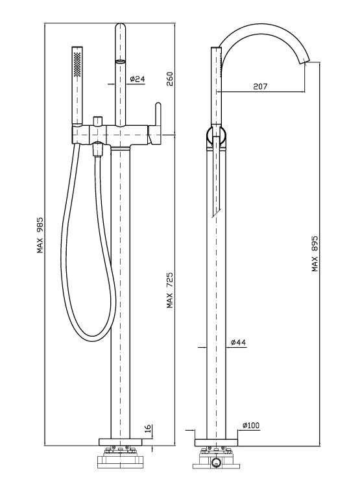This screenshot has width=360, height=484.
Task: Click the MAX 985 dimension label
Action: click(x=40, y=236)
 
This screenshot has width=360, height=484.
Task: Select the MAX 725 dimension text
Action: click(x=170, y=290)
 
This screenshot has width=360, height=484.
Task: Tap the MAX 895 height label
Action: click(x=315, y=254)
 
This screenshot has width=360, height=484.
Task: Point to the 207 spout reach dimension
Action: click(x=260, y=86)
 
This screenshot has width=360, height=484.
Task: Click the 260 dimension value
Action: click(x=170, y=79)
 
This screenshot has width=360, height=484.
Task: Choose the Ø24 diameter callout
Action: click(x=138, y=79)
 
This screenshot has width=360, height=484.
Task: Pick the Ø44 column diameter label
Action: click(x=239, y=343)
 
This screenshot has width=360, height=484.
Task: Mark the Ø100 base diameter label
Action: click(x=251, y=426)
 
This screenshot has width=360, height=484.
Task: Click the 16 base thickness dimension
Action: click(x=149, y=428)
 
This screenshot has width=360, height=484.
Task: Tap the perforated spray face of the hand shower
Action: click(x=77, y=64)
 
